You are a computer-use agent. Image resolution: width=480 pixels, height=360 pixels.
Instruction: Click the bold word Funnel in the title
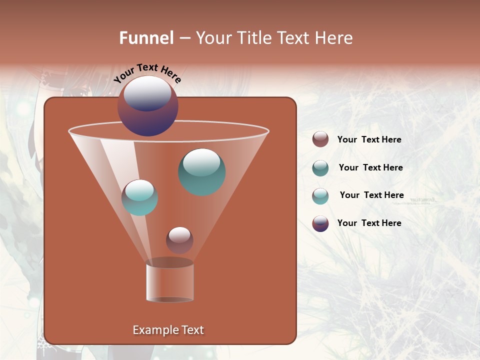click(x=146, y=38)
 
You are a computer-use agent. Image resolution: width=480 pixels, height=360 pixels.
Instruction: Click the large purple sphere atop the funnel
click(x=147, y=106)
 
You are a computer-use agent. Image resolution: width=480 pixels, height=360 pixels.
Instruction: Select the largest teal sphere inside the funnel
click(x=201, y=172)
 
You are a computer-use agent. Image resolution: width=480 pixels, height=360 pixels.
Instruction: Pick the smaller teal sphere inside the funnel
click(x=139, y=197)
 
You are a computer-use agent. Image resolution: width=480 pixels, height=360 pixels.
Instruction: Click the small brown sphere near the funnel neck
click(x=179, y=240)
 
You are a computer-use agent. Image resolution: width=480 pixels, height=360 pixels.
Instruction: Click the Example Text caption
click(x=168, y=330)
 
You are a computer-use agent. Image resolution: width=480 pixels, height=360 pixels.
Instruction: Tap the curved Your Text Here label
click(x=147, y=73)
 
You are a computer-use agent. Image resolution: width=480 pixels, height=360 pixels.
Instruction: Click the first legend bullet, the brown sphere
click(x=320, y=139)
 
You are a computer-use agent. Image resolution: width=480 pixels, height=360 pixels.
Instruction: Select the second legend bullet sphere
click(x=320, y=168)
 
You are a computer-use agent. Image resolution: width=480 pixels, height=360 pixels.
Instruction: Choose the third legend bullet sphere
click(x=320, y=196)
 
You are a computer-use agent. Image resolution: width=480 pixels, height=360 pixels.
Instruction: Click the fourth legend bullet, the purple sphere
click(x=320, y=223)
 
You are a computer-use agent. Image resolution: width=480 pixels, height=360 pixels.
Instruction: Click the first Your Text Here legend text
click(x=369, y=139)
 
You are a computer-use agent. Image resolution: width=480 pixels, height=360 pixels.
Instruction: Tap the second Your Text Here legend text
click(x=370, y=167)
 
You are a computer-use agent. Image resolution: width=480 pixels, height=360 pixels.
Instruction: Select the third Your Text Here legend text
click(x=371, y=195)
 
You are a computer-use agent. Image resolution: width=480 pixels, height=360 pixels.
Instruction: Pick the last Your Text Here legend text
click(x=369, y=223)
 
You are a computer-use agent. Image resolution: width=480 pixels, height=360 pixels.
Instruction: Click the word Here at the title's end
click(x=335, y=38)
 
